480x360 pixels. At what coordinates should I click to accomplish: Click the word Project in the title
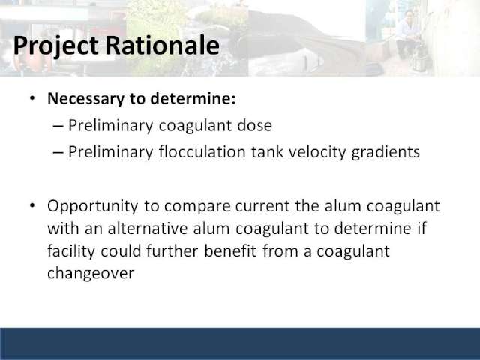click(x=55, y=46)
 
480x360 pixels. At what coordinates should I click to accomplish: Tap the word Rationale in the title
click(x=162, y=45)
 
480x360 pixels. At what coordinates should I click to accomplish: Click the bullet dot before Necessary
click(x=32, y=98)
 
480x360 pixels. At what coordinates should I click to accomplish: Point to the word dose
click(x=255, y=125)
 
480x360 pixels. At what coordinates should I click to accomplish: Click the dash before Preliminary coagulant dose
click(x=58, y=126)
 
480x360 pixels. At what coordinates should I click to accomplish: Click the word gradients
click(x=385, y=152)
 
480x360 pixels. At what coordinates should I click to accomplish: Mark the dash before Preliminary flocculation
click(x=58, y=152)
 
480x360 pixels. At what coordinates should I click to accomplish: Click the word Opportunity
click(x=93, y=206)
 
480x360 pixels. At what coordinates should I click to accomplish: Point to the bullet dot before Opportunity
click(x=32, y=205)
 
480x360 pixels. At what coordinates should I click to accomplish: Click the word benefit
click(x=230, y=251)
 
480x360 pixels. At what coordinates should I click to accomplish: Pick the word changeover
click(x=91, y=273)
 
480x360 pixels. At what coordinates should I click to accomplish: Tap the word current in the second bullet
click(x=262, y=206)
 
